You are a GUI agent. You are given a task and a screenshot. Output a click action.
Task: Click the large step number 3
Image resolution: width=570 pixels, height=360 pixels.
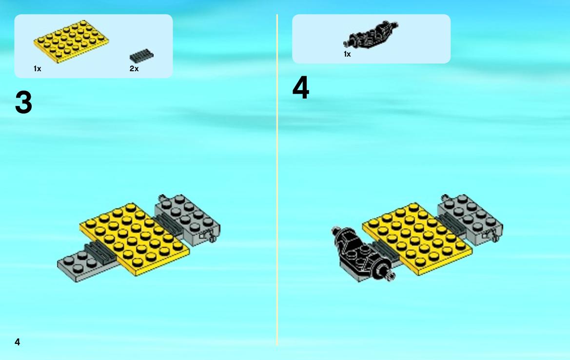[x=23, y=102]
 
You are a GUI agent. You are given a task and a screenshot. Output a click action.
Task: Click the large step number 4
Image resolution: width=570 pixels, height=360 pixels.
[x=301, y=87]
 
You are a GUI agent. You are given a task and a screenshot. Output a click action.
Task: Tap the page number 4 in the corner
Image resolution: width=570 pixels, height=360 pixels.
[x=17, y=342]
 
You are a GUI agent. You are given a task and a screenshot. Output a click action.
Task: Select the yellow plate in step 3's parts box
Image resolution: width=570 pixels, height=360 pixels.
[x=71, y=41]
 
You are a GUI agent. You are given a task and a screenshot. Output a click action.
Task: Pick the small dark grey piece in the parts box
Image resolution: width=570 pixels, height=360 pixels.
[x=141, y=56]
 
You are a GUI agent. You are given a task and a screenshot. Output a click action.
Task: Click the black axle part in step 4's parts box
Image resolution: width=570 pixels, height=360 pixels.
[x=371, y=35]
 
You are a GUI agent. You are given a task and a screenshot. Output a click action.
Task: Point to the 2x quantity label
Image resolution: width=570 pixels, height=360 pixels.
[x=134, y=69]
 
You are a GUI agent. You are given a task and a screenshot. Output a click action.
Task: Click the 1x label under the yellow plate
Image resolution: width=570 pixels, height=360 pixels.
[x=38, y=69]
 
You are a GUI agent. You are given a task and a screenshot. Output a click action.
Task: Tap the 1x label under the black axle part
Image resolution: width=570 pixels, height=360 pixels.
[x=347, y=54]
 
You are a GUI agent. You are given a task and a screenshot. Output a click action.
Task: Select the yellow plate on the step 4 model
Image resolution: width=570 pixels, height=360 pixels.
[x=417, y=239]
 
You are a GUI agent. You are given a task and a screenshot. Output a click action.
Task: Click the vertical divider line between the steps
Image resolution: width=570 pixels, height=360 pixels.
[x=277, y=180]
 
